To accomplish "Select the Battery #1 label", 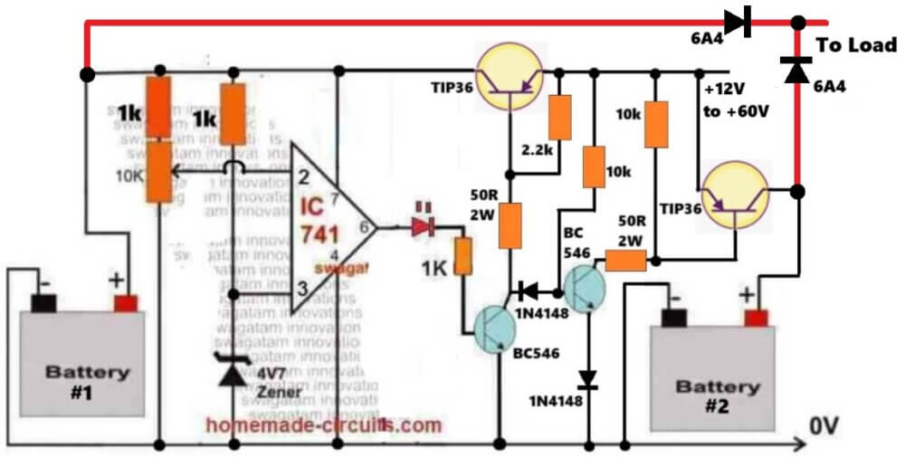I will click(88, 380).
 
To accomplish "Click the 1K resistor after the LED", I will click(462, 255).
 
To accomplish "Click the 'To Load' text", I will click(856, 45).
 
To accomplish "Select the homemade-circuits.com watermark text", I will click(325, 424).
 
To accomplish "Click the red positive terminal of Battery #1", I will click(126, 301).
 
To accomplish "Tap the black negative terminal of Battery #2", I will click(674, 316).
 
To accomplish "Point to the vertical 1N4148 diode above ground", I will click(589, 377).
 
